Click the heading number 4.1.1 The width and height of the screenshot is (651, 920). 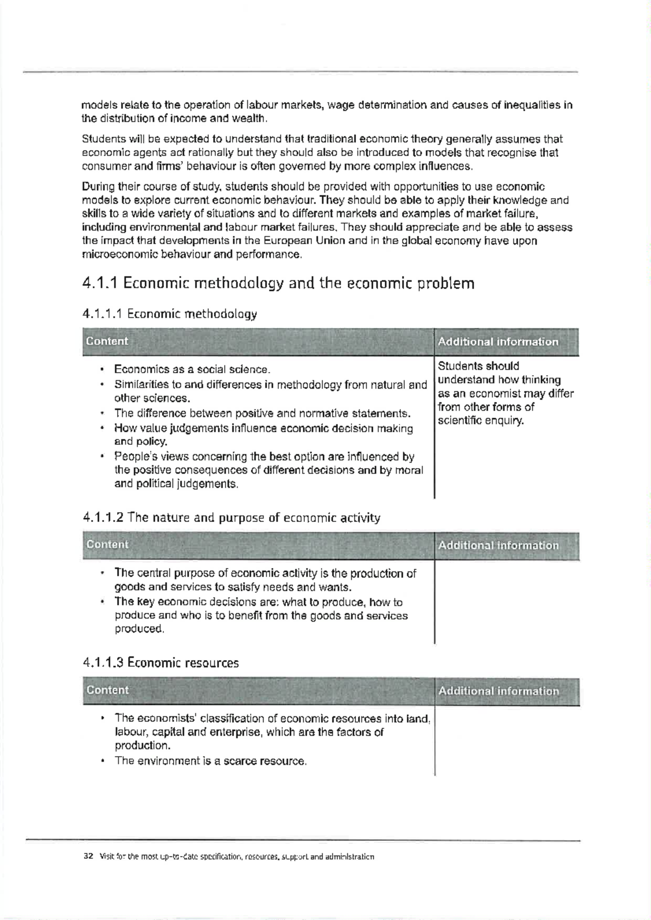coord(100,284)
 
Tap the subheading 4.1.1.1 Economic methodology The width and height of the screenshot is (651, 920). coord(169,314)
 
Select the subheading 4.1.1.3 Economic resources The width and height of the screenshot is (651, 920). coord(161,663)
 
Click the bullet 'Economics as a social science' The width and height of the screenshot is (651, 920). coord(192,370)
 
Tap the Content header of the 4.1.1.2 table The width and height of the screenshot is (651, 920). coord(107,545)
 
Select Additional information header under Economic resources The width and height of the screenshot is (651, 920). coord(498,691)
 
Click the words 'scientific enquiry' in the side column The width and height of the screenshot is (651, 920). coord(481,421)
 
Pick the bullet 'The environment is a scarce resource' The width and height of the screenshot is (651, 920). coord(210,761)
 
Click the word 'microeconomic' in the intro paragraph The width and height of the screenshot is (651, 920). coord(115,254)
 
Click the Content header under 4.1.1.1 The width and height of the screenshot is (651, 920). coord(107,341)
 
